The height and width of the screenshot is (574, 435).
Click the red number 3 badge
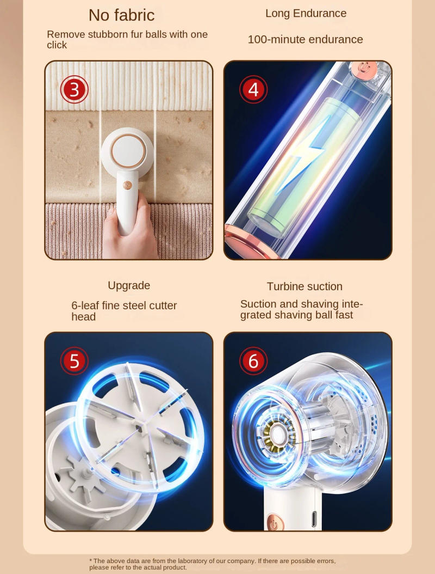74,90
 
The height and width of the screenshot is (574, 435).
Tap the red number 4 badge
253,89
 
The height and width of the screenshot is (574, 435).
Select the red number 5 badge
74,361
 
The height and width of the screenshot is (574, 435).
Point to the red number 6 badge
253,361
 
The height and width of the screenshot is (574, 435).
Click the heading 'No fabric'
121,15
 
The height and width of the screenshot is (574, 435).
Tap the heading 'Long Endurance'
306,13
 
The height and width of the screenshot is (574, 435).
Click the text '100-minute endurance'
305,39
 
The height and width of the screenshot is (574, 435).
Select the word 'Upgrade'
129,285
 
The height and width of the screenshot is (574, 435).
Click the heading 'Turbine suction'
304,286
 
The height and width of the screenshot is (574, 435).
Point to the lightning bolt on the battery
309,158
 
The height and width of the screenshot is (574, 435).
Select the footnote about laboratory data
212,564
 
